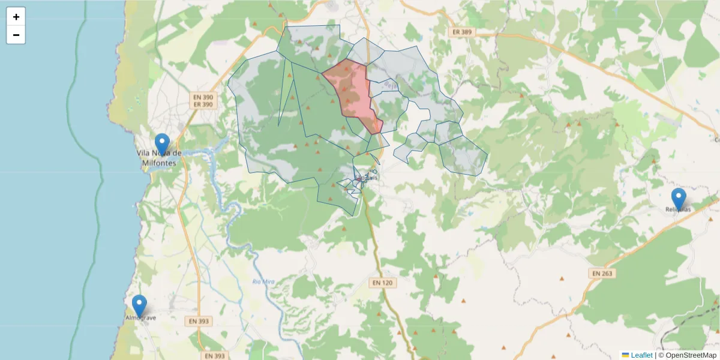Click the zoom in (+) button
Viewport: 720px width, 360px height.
[x=16, y=17]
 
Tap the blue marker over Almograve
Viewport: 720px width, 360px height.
[x=139, y=305]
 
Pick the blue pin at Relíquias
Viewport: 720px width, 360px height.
[x=679, y=199]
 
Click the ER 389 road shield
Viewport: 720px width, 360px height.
[x=462, y=32]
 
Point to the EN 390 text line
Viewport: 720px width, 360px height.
[x=203, y=97]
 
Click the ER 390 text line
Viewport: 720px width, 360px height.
[x=203, y=104]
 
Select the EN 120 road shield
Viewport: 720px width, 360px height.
[x=382, y=282]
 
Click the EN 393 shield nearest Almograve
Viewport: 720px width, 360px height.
[x=199, y=321]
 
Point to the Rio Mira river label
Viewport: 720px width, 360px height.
[x=263, y=281]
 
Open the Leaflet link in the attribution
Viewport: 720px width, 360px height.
[x=641, y=355]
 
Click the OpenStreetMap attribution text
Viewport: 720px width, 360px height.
[x=687, y=355]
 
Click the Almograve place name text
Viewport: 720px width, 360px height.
[x=140, y=317]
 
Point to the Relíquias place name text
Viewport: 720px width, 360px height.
[x=678, y=209]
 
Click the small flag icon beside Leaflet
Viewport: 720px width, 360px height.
[x=625, y=355]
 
